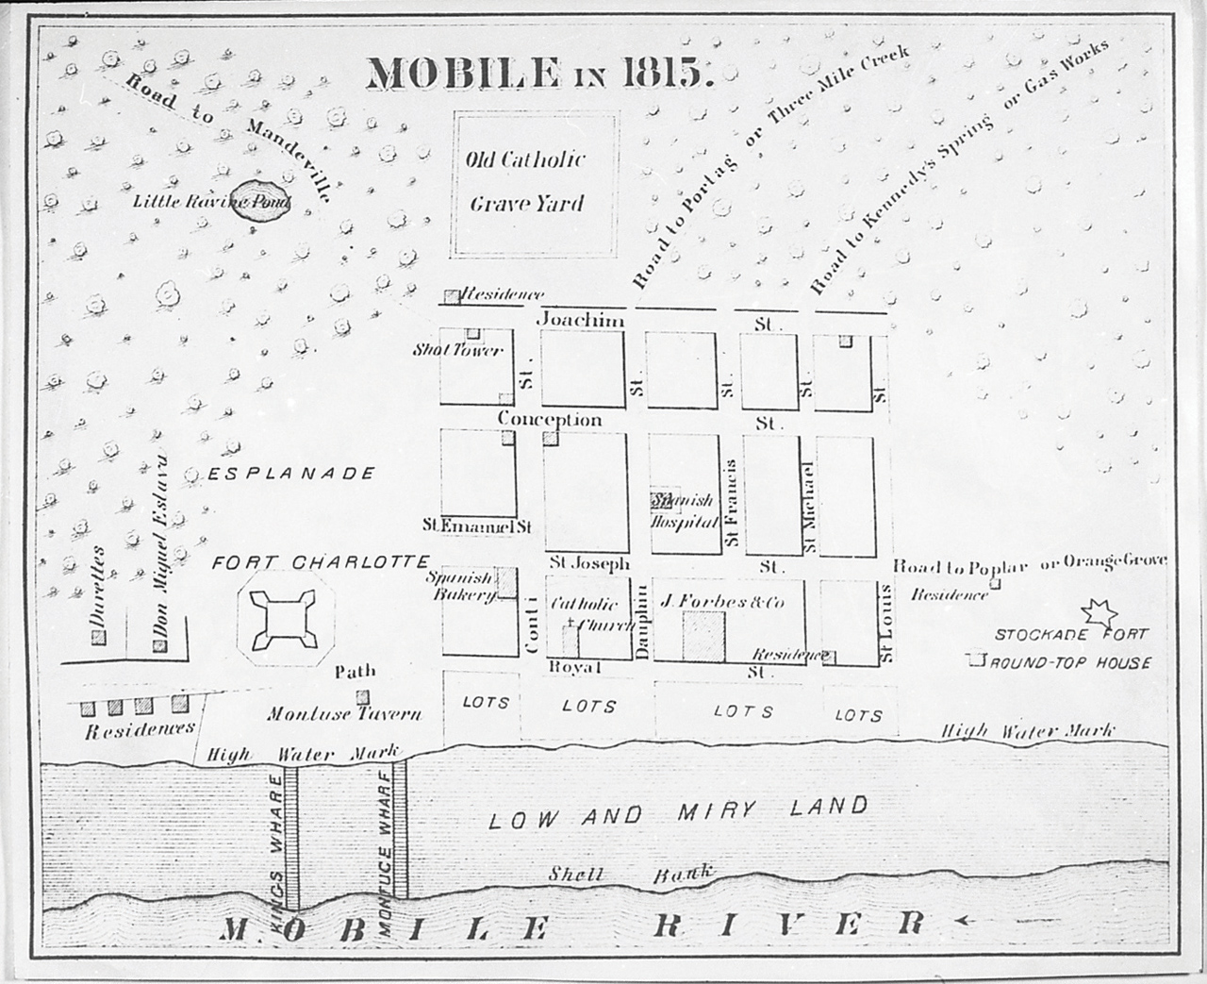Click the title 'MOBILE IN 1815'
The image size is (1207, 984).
(x=537, y=72)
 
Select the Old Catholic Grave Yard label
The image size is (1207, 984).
(x=525, y=181)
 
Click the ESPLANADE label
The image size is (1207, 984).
(x=293, y=474)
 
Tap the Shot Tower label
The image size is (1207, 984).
(x=459, y=351)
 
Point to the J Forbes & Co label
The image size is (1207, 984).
(x=723, y=601)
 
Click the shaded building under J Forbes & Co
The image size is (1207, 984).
(x=704, y=636)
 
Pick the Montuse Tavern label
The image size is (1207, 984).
(x=344, y=714)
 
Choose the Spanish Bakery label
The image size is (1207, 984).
(x=460, y=586)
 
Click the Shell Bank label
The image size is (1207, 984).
(x=630, y=874)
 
